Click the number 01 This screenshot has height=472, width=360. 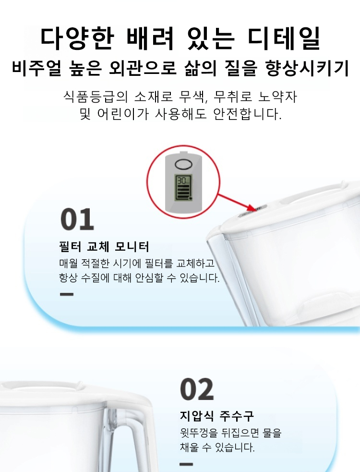pyautogui.click(x=77, y=219)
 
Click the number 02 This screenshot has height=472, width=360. pyautogui.click(x=197, y=389)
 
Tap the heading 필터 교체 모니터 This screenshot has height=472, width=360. pyautogui.click(x=104, y=247)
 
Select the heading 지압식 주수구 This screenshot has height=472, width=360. pyautogui.click(x=217, y=416)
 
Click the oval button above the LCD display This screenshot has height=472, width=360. pyautogui.click(x=183, y=164)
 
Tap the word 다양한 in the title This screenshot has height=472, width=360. pyautogui.click(x=77, y=38)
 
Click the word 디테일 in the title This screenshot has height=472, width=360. pyautogui.click(x=284, y=38)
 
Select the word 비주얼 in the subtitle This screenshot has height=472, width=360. pyautogui.click(x=36, y=68)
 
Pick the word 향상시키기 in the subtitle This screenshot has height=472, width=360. pyautogui.click(x=307, y=68)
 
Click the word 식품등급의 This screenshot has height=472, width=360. pyautogui.click(x=96, y=97)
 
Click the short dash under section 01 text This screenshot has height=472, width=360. pyautogui.click(x=67, y=294)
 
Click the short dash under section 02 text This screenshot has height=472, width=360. pyautogui.click(x=186, y=464)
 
